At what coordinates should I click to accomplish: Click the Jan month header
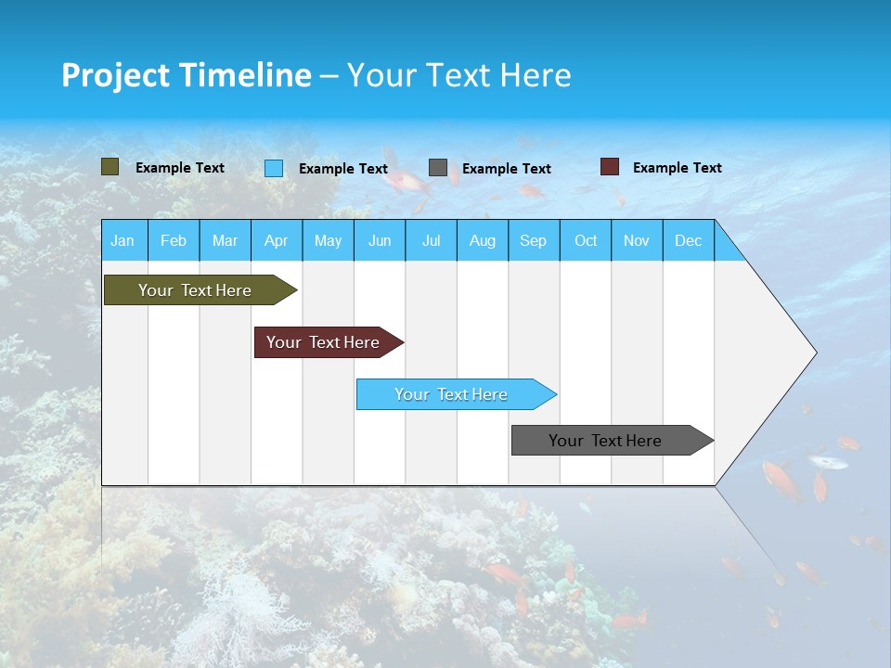[123, 240]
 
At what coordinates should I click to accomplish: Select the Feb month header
[174, 240]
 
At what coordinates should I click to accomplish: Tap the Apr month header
[276, 240]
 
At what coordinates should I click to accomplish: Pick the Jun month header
[380, 240]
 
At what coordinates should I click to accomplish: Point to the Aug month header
[482, 240]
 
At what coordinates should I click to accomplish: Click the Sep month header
[533, 240]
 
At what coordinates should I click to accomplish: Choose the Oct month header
[586, 240]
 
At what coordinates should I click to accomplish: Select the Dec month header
[688, 240]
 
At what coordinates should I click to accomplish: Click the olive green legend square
[110, 167]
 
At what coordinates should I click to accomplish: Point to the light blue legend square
[274, 168]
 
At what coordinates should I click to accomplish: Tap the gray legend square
[438, 168]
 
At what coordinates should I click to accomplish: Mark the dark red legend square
[610, 167]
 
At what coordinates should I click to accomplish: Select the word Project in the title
[115, 75]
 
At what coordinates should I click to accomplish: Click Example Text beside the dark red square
[677, 167]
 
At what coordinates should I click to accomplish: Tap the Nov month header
[637, 240]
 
